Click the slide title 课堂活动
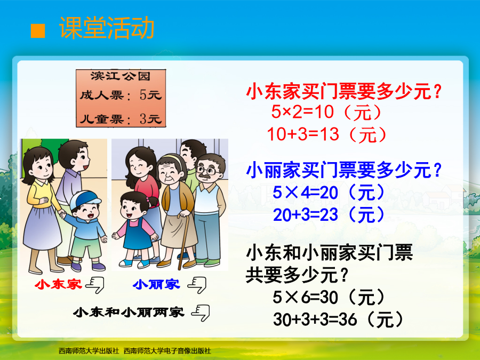point(107,28)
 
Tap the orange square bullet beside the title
point(38,31)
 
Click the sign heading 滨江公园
point(121,76)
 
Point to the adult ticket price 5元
point(150,95)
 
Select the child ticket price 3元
point(150,119)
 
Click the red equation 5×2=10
point(302,111)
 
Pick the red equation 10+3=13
point(303,134)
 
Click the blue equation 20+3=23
point(305,214)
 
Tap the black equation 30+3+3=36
point(315,319)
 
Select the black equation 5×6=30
point(305,297)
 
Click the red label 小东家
point(59,284)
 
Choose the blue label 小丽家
point(156,284)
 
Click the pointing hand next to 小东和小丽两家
point(201,313)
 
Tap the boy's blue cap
point(85,199)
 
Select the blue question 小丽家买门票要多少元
point(344,170)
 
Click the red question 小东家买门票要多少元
point(344,91)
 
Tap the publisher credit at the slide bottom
point(135,351)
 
